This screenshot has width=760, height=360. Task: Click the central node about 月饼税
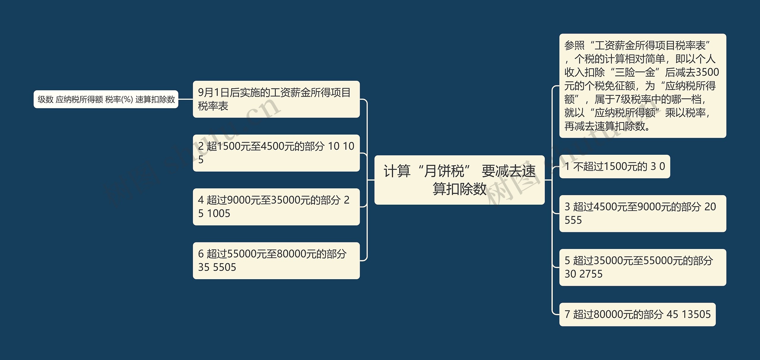[x=459, y=180]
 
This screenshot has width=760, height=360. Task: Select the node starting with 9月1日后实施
[x=276, y=99]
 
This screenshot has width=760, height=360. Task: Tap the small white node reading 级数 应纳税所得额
[x=106, y=99]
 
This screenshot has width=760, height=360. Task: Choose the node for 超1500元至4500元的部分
[x=276, y=153]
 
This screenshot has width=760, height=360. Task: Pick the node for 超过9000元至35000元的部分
[x=276, y=207]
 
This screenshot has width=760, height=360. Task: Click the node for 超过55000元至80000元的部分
[x=276, y=260]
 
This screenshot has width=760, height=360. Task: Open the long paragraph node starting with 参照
[x=642, y=86]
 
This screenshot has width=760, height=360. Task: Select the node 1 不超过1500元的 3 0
[x=615, y=166]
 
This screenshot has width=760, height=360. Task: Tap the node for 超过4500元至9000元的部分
[x=642, y=213]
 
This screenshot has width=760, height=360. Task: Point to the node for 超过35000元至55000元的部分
[x=642, y=267]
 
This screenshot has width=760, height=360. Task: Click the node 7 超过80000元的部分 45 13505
[x=637, y=314]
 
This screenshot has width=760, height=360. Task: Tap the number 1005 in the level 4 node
[x=218, y=214]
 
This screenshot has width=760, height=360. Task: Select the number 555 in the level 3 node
[x=573, y=220]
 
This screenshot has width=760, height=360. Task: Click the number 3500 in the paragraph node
[x=707, y=72]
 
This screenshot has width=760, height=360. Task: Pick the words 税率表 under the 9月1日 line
[x=213, y=106]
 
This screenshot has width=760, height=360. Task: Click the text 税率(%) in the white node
[x=119, y=99]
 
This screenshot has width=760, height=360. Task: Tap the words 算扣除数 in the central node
[x=459, y=189]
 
